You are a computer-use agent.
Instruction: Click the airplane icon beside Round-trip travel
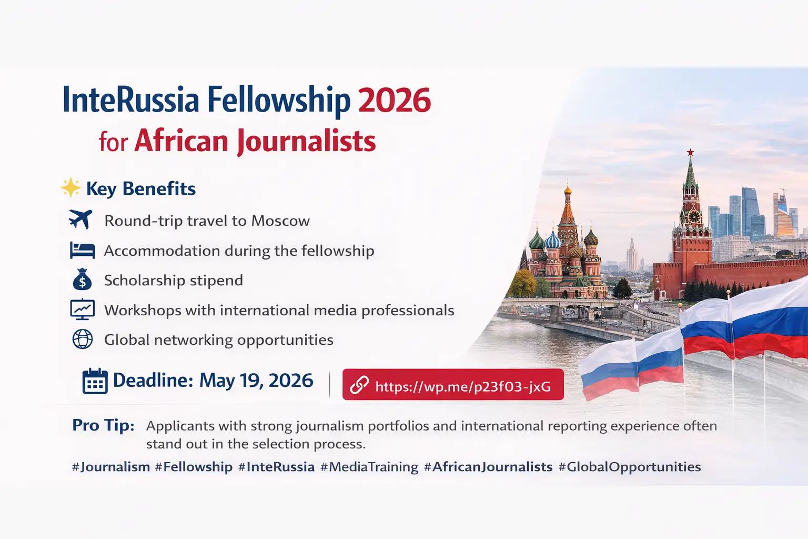(x=80, y=219)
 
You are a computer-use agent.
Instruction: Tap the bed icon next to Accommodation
(x=83, y=250)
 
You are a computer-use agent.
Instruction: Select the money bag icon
(x=83, y=280)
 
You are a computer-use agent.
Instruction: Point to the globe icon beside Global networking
(x=83, y=339)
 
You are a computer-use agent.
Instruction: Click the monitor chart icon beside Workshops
(x=83, y=310)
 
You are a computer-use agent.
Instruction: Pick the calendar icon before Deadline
(x=95, y=381)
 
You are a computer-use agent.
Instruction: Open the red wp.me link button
(x=453, y=385)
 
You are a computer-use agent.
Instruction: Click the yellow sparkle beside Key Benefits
(x=70, y=188)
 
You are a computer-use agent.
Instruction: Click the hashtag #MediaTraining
(x=369, y=467)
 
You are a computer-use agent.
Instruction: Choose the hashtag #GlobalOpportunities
(x=630, y=467)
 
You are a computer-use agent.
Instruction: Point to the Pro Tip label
(x=103, y=425)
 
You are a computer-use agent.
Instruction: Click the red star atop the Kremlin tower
(x=690, y=152)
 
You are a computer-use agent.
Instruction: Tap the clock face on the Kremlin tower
(x=693, y=216)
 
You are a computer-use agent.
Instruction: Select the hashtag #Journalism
(x=111, y=467)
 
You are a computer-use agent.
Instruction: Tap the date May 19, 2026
(x=256, y=381)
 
